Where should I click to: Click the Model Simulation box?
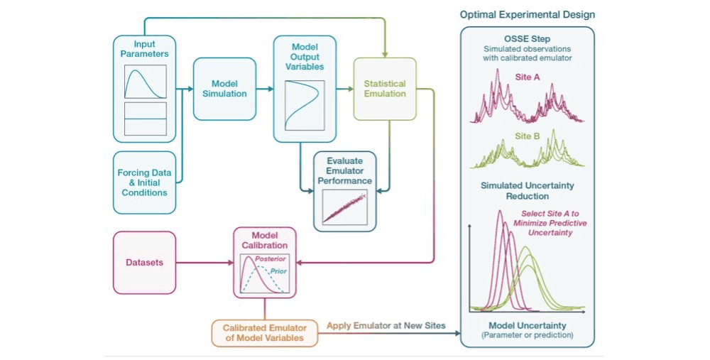click(x=224, y=89)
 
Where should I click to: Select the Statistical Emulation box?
click(x=385, y=89)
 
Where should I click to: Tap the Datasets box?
click(x=144, y=263)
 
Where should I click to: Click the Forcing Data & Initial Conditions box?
click(x=144, y=182)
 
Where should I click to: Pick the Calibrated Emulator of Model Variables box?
click(x=264, y=333)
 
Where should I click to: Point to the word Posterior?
click(x=271, y=259)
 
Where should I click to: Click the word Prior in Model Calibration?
click(x=278, y=271)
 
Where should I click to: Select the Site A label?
click(x=528, y=77)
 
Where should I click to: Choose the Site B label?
click(x=528, y=136)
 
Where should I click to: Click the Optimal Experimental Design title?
click(x=528, y=14)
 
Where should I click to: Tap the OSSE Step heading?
click(x=528, y=39)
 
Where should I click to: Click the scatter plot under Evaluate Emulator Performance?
click(x=344, y=207)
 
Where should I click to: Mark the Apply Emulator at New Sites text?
click(x=386, y=326)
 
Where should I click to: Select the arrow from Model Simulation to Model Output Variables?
click(x=265, y=89)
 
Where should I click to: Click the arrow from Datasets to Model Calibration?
click(x=204, y=263)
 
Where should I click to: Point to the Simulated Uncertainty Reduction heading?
click(x=528, y=190)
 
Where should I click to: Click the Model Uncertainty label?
click(x=528, y=326)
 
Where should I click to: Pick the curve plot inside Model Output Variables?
click(x=305, y=106)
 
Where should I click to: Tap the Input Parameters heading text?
click(x=144, y=49)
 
